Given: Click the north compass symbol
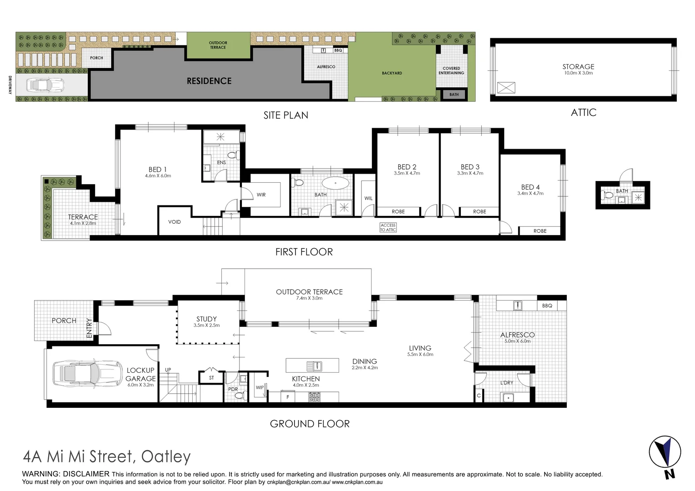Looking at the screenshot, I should [665, 455].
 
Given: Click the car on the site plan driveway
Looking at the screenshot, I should [45, 85].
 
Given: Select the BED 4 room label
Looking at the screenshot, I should [530, 187].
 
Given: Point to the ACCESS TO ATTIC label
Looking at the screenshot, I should [388, 227].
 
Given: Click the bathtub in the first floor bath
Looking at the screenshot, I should [335, 183].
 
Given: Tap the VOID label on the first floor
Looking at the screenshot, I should [175, 222].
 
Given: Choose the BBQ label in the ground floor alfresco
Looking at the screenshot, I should [547, 306].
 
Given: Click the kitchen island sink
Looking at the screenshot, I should [314, 366].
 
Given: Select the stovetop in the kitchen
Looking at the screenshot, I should [315, 397].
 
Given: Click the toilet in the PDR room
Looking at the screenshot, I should [239, 396].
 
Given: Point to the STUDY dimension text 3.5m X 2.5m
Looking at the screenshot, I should [206, 326].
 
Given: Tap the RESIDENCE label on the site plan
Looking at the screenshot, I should [209, 81].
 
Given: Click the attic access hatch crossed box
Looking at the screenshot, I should [506, 88].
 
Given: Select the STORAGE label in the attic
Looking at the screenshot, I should [578, 66].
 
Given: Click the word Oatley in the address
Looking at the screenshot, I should [166, 456].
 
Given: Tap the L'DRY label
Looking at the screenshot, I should [506, 383].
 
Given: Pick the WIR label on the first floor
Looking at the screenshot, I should [261, 195].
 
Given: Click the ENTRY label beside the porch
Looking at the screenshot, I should [89, 328].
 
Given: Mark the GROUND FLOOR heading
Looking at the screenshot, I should [310, 424].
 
